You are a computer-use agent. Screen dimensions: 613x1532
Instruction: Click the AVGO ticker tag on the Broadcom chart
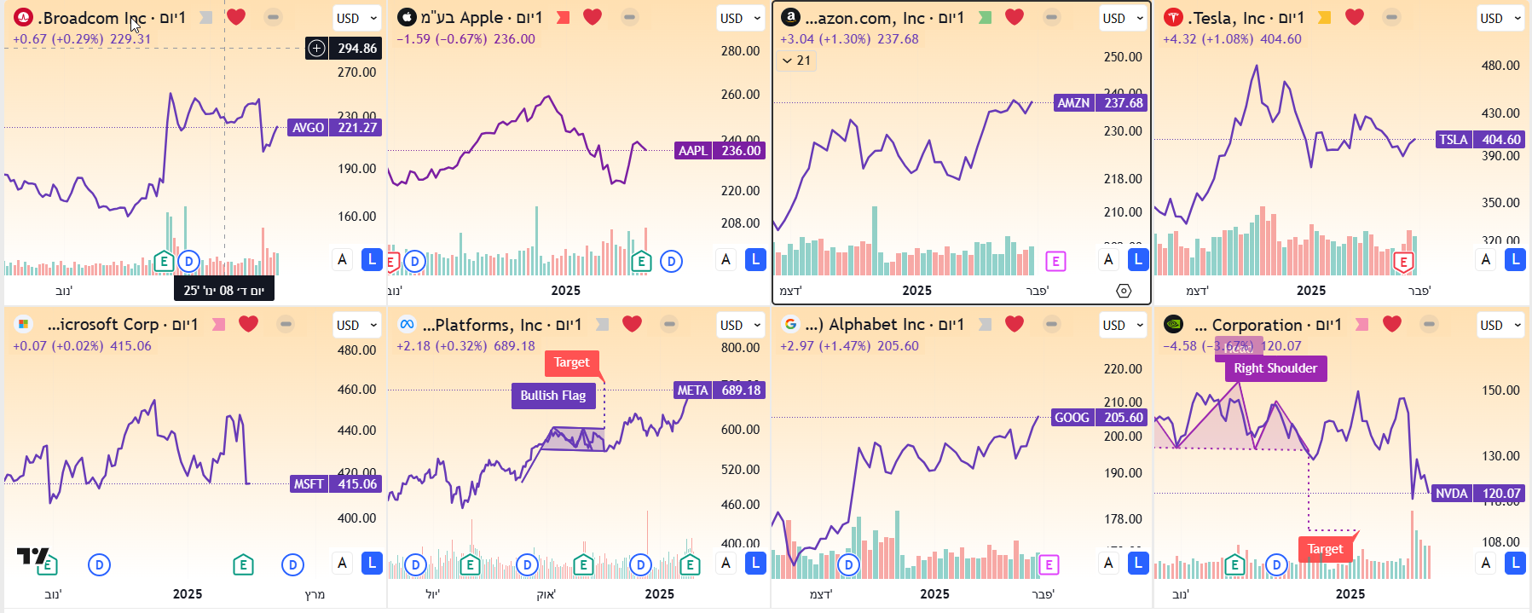pyautogui.click(x=308, y=128)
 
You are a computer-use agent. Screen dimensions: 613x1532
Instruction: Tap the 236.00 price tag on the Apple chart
pyautogui.click(x=740, y=151)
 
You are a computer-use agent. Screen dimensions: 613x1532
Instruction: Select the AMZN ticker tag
pyautogui.click(x=1073, y=103)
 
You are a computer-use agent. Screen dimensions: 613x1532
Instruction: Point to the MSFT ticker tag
pyautogui.click(x=308, y=484)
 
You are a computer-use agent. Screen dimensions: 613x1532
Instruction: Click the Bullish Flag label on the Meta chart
pyautogui.click(x=552, y=396)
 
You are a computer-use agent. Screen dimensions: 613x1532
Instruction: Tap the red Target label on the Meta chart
pyautogui.click(x=571, y=363)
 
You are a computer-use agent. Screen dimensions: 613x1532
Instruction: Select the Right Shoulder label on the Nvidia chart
pyautogui.click(x=1275, y=368)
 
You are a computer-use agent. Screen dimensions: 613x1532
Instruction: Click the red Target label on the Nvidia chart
pyautogui.click(x=1325, y=549)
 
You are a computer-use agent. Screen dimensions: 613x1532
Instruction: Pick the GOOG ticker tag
pyautogui.click(x=1072, y=418)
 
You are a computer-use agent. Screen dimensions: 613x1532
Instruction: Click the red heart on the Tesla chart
pyautogui.click(x=1354, y=17)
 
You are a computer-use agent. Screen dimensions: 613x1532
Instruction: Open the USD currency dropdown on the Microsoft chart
pyautogui.click(x=356, y=325)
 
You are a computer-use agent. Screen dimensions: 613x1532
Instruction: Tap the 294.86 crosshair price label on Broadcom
pyautogui.click(x=356, y=49)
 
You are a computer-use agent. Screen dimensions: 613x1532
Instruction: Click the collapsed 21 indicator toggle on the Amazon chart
pyautogui.click(x=796, y=61)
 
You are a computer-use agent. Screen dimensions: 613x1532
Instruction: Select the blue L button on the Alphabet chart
pyautogui.click(x=1138, y=563)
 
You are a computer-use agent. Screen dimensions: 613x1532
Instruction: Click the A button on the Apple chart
pyautogui.click(x=726, y=259)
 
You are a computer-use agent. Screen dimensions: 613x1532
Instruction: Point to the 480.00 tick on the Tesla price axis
pyautogui.click(x=1500, y=66)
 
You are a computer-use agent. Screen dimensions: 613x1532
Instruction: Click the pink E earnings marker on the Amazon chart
pyautogui.click(x=1055, y=262)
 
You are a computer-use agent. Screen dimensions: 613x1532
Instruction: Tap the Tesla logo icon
pyautogui.click(x=1174, y=17)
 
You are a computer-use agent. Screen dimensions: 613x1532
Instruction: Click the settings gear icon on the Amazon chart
pyautogui.click(x=1124, y=291)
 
